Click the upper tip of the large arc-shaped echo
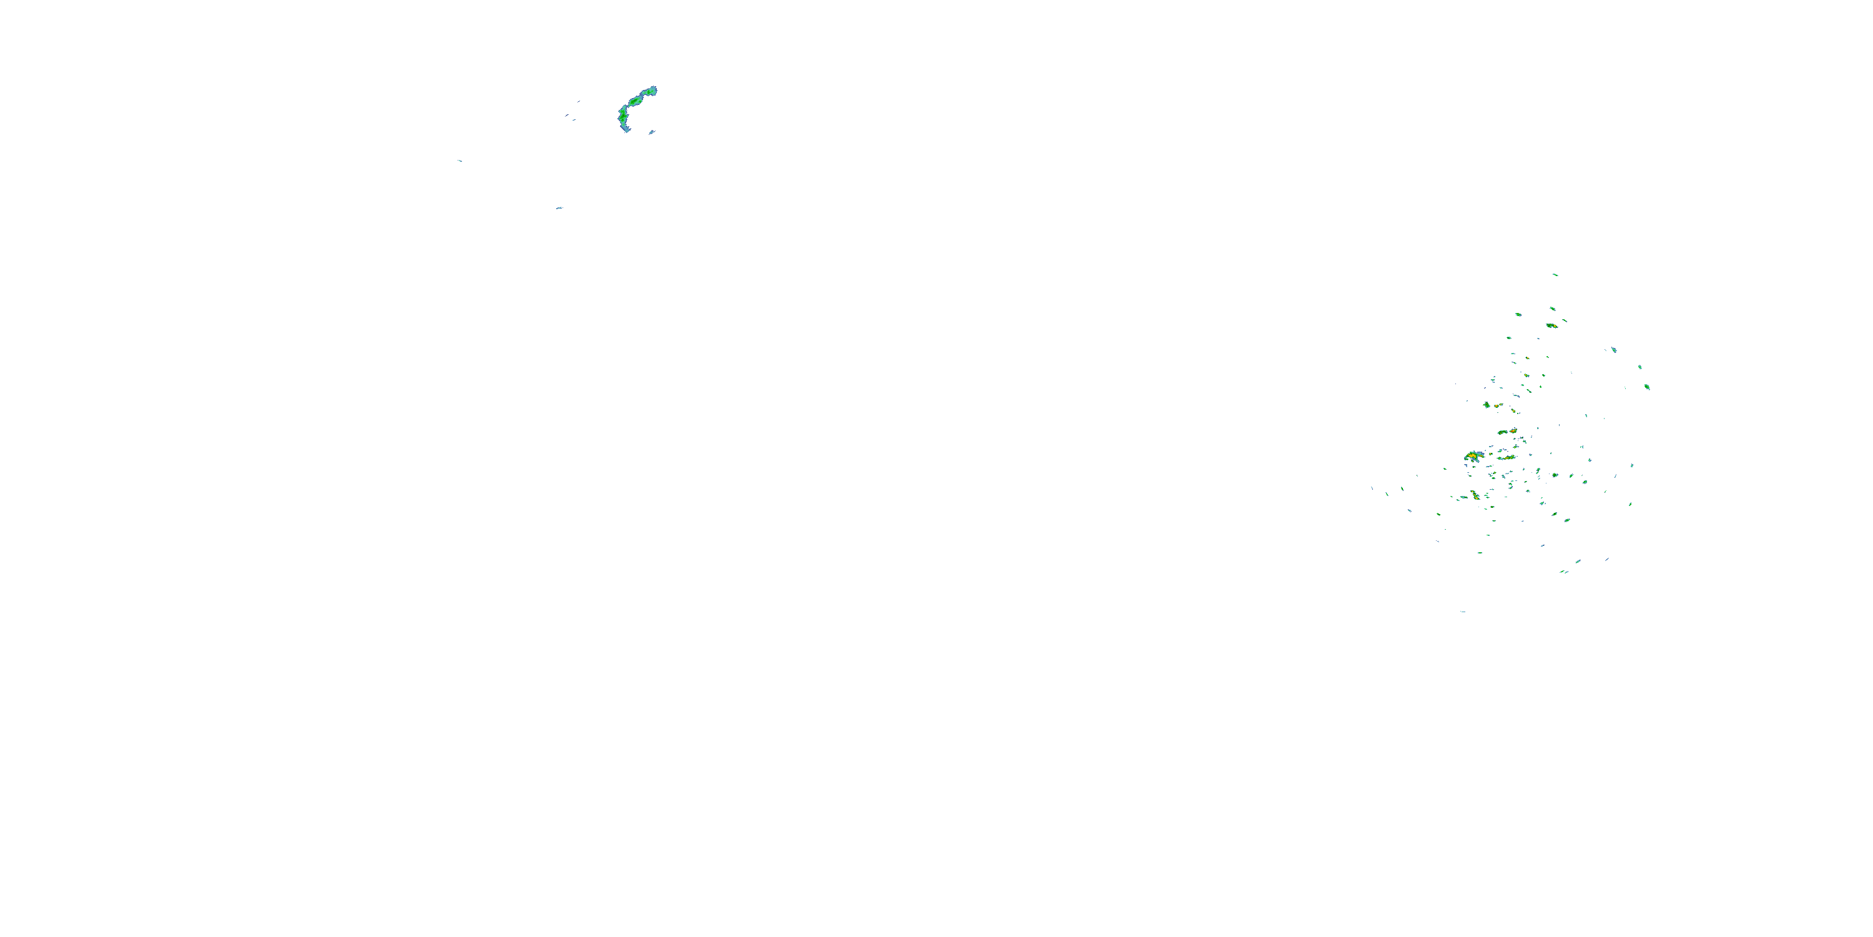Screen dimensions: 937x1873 [653, 90]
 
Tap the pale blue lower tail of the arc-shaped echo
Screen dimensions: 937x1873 [626, 129]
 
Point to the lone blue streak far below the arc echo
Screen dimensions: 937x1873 [558, 208]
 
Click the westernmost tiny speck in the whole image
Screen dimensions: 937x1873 [460, 161]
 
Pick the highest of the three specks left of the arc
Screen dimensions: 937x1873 [579, 101]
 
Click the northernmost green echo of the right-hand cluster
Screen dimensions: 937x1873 [1555, 275]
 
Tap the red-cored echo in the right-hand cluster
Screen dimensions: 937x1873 [1513, 432]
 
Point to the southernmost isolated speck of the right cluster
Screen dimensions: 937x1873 [1462, 612]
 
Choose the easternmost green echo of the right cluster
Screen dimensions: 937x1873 [1647, 387]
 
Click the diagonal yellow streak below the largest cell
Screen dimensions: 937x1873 [1475, 495]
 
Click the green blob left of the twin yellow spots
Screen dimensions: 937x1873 [1487, 405]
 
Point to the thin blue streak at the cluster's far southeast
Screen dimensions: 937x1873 [1606, 560]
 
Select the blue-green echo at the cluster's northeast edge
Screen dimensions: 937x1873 [1613, 350]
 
